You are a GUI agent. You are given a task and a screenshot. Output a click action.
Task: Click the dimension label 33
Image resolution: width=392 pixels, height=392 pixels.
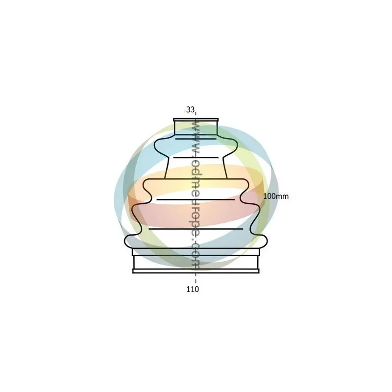click(x=190, y=109)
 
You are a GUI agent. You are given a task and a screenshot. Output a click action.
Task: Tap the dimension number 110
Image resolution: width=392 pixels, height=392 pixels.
click(x=193, y=289)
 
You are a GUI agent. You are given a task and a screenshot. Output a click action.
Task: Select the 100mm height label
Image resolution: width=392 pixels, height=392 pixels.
click(x=276, y=196)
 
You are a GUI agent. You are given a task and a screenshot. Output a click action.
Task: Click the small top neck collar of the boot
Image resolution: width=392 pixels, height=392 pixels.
click(x=196, y=127)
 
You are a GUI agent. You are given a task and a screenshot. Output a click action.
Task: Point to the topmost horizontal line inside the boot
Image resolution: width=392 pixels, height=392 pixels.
click(x=196, y=139)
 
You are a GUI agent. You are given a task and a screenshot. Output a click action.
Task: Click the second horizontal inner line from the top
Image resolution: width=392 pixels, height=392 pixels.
click(x=196, y=158)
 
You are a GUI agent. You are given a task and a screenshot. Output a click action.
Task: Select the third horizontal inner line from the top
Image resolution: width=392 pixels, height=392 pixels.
click(x=196, y=200)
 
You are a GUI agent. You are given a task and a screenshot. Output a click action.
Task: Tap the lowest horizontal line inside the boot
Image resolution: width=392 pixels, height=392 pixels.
click(x=196, y=229)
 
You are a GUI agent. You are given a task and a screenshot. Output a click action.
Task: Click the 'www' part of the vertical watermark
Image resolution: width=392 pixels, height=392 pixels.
click(x=195, y=136)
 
